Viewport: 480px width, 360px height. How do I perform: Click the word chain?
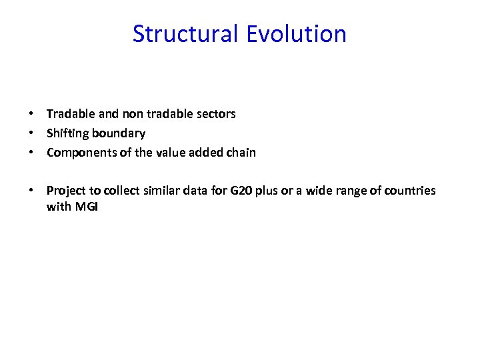point(241,153)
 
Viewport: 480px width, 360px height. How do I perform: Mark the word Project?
point(64,191)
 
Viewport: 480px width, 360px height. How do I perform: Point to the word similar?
point(161,191)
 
